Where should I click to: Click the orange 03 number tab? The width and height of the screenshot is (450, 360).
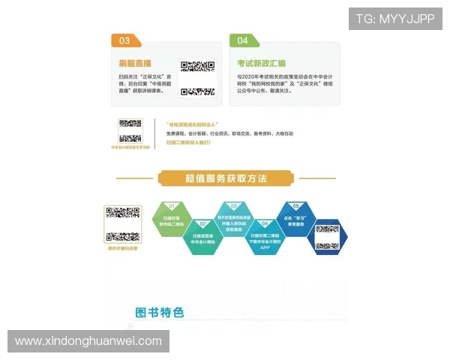pyautogui.click(x=124, y=40)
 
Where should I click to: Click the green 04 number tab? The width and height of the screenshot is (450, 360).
pyautogui.click(x=243, y=40)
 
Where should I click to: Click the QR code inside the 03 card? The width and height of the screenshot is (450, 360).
pyautogui.click(x=196, y=77)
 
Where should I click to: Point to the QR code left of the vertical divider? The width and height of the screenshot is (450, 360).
pyautogui.click(x=130, y=131)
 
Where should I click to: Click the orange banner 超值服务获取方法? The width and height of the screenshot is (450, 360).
pyautogui.click(x=226, y=178)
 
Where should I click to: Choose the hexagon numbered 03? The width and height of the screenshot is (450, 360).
pyautogui.click(x=235, y=216)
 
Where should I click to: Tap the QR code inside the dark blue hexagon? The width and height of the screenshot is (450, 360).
pyautogui.click(x=327, y=236)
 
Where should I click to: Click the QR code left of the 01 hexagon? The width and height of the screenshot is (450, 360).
pyautogui.click(x=122, y=223)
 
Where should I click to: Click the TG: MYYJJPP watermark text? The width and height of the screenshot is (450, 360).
pyautogui.click(x=395, y=18)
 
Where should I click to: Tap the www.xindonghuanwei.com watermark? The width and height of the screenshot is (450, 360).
pyautogui.click(x=88, y=341)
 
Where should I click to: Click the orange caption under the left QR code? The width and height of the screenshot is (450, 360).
pyautogui.click(x=122, y=247)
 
